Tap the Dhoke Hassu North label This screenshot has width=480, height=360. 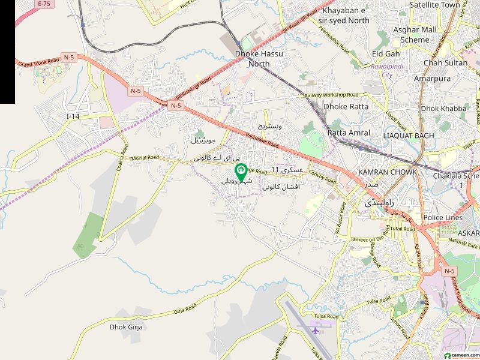[259, 59]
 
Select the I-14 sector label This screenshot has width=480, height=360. [73, 116]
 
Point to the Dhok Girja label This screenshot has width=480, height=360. [126, 327]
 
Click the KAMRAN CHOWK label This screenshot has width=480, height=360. [383, 172]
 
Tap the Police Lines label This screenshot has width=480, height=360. [443, 217]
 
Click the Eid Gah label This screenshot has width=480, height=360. [386, 53]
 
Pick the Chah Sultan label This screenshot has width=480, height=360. [445, 62]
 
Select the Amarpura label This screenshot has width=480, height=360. [432, 79]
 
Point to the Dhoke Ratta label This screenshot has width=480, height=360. [346, 106]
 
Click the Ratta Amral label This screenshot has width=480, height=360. [349, 133]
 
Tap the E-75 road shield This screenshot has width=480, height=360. [44, 4]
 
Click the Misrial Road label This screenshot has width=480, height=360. [145, 157]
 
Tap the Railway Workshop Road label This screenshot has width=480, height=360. [331, 95]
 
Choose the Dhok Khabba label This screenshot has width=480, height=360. [443, 109]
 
